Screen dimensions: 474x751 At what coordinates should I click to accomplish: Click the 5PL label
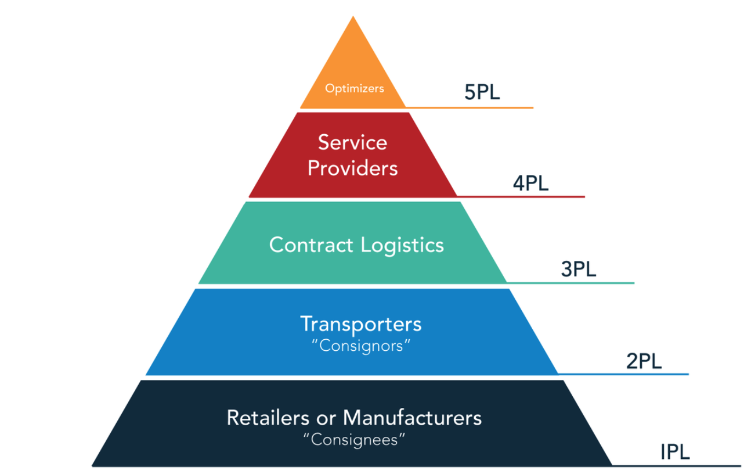point(482,93)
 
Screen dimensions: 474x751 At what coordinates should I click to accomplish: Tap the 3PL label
point(579,269)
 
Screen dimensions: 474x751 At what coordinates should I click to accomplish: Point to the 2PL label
point(644,361)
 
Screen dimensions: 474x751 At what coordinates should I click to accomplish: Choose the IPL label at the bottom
point(675,452)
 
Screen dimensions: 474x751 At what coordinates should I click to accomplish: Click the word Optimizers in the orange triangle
point(355,89)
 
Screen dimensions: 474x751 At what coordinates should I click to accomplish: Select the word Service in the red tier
point(352,142)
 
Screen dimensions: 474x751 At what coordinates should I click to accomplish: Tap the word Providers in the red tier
point(352,168)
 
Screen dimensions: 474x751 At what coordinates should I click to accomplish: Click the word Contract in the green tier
point(311,245)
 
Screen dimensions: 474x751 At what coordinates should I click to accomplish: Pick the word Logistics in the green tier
point(402,245)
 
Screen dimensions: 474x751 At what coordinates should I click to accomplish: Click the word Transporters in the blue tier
point(360,324)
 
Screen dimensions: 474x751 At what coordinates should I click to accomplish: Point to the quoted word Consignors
point(360,346)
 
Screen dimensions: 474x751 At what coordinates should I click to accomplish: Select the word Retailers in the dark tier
point(262,417)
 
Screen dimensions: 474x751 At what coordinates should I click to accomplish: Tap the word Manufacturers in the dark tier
point(412,417)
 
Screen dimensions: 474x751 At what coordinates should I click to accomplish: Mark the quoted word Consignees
point(354,440)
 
